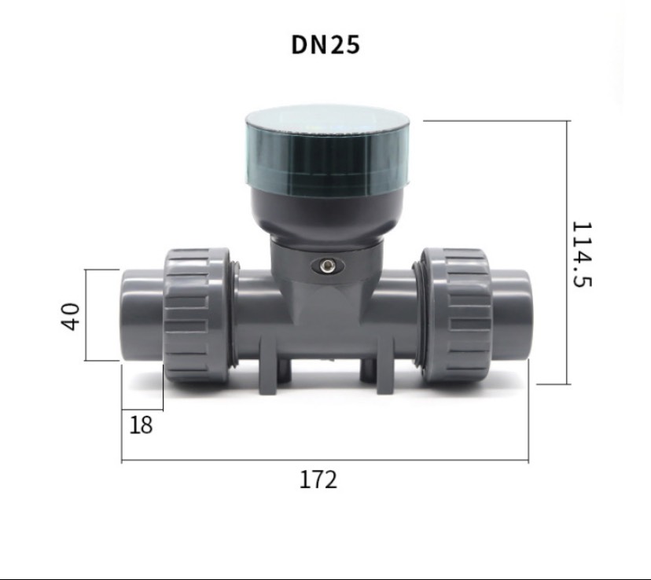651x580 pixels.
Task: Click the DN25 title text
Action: (x=325, y=44)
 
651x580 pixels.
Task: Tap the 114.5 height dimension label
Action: (x=582, y=255)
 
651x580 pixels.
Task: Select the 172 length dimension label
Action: (x=318, y=479)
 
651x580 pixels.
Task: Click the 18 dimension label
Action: (x=142, y=425)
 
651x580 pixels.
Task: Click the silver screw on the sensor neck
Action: (x=329, y=266)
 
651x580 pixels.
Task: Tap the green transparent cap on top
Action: (x=328, y=150)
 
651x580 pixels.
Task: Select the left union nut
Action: (x=196, y=315)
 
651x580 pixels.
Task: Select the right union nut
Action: (x=457, y=315)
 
